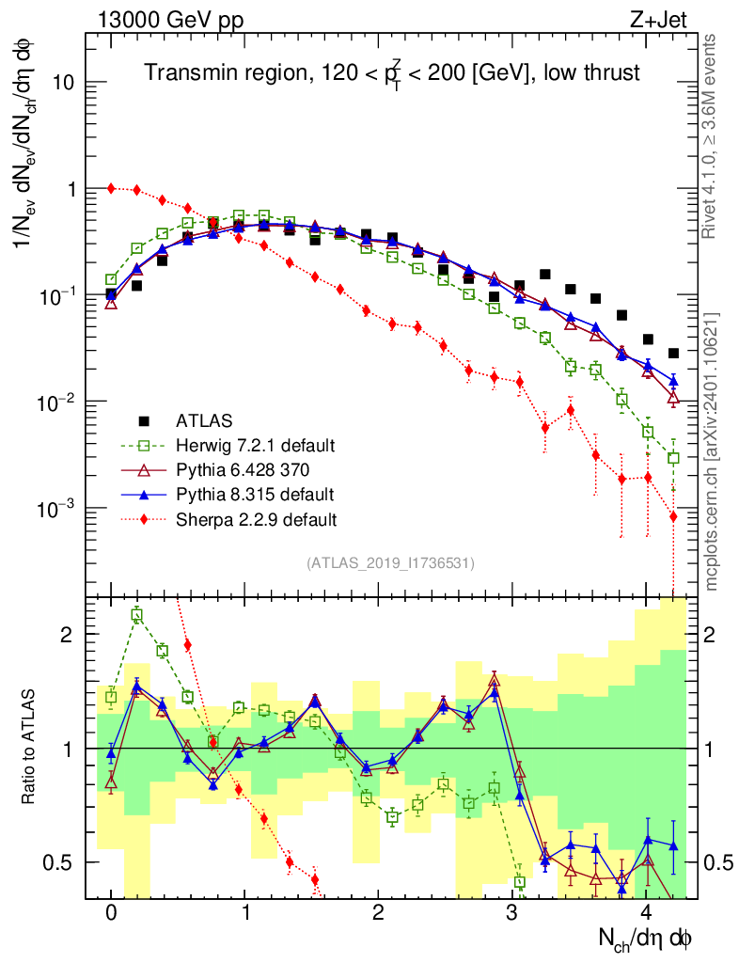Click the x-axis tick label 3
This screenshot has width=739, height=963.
tap(511, 913)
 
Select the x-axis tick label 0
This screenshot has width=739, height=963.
tap(111, 913)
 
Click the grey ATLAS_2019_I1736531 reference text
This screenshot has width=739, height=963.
tap(390, 563)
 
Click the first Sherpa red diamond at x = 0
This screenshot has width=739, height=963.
tap(112, 188)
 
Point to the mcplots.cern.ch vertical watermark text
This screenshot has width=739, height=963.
tap(712, 451)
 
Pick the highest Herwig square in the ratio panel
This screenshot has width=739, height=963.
tap(137, 615)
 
